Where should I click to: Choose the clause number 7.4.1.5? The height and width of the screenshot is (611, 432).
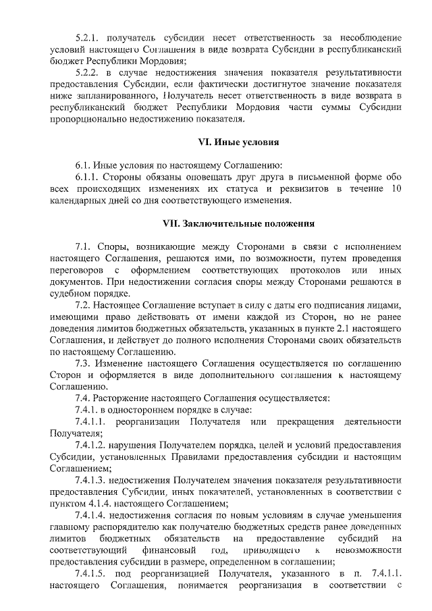[x=93, y=573]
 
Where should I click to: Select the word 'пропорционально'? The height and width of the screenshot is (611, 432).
[x=88, y=119]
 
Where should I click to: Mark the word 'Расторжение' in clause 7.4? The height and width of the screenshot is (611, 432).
[x=123, y=398]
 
